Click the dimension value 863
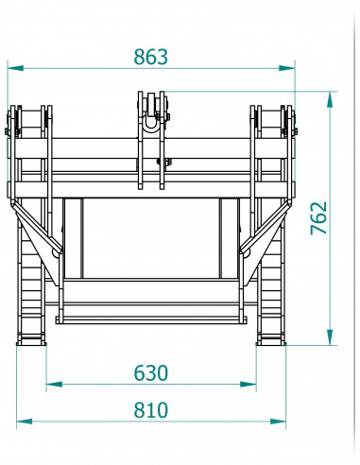(x=150, y=57)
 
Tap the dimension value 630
(x=150, y=373)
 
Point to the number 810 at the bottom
(x=150, y=409)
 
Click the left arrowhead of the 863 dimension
(x=12, y=68)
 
